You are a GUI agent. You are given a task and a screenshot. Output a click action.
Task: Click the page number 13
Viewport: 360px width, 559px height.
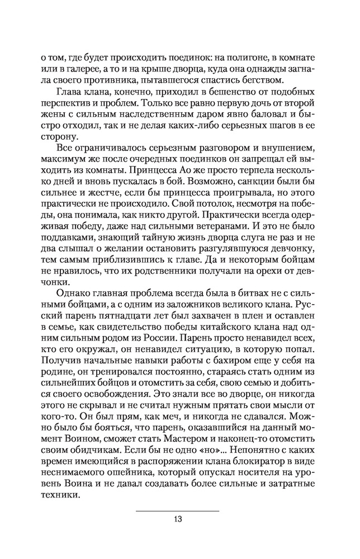(177, 518)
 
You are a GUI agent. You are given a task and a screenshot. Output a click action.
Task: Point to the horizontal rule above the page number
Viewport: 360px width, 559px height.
(177, 510)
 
